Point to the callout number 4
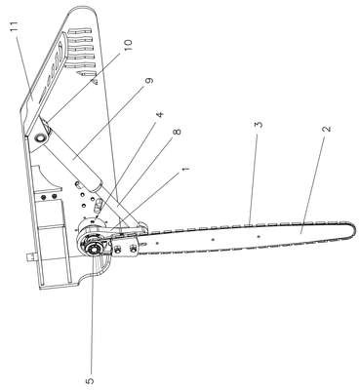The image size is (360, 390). pos(160,114)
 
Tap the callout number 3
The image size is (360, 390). pos(259,125)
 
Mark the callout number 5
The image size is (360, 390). pos(91,380)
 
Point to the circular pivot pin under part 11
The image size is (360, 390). pos(41,137)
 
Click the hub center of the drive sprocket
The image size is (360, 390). pos(92,250)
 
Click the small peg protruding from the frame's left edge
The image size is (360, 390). pos(30,257)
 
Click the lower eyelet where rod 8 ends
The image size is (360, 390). pos(142,226)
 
